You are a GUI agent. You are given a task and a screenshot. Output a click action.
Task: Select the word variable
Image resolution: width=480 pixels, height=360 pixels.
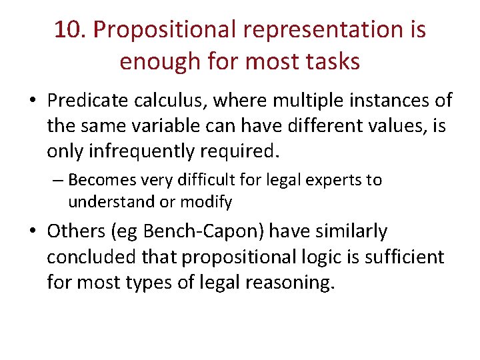point(184,125)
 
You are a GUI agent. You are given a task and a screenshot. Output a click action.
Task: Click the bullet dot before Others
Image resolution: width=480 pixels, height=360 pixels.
point(33,232)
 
